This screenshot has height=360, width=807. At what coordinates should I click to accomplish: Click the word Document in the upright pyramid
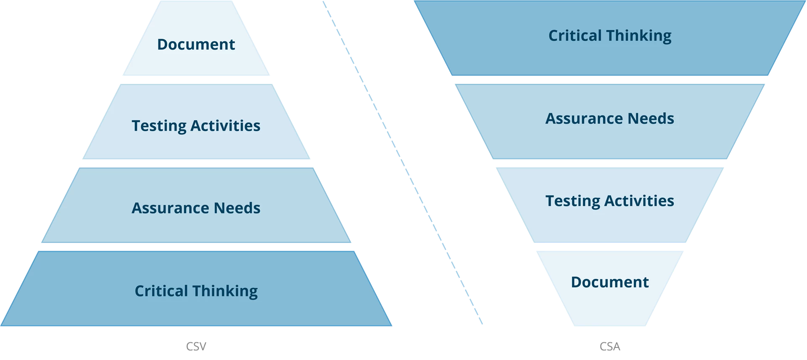coord(196,45)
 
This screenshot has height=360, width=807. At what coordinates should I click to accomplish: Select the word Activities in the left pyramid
coord(225,126)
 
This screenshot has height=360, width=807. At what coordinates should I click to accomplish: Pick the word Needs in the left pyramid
coord(237,208)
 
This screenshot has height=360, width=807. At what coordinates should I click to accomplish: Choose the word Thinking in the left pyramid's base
coord(225,291)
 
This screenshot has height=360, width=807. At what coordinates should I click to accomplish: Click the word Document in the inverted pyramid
coord(609,282)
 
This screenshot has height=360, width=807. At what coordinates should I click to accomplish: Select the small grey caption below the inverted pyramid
coord(609,347)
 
